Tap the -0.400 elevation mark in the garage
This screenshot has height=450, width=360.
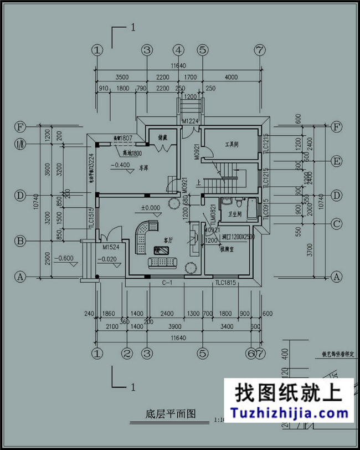coord(120,165)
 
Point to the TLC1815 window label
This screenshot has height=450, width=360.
coord(226,283)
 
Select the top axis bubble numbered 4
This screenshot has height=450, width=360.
coord(178,50)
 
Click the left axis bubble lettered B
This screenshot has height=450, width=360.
coord(20,242)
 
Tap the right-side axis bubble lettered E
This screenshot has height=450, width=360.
coord(336,161)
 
